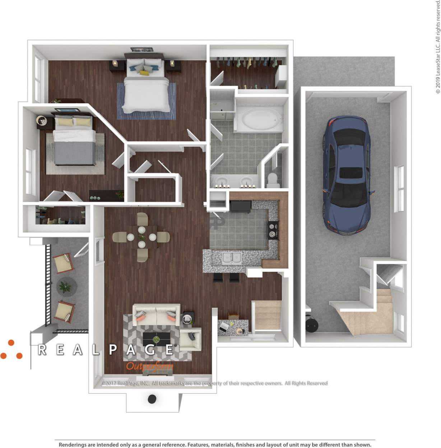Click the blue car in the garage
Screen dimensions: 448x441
pos(347,176)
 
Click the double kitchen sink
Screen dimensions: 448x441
pos(232,258)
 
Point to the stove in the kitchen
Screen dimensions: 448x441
pos(273,230)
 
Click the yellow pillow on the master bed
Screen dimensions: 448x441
pos(144,73)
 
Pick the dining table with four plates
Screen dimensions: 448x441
pos(142,237)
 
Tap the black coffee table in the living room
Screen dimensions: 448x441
pos(157,339)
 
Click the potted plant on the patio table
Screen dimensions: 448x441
pos(65,286)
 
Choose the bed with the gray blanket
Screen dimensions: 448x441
pos(75,144)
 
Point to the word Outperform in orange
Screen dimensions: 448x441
pos(149,367)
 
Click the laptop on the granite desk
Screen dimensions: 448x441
pos(224,327)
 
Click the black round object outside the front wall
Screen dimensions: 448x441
pos(152,399)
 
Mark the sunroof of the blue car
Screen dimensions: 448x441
pos(350,173)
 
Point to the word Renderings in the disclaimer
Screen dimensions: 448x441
pos(73,445)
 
